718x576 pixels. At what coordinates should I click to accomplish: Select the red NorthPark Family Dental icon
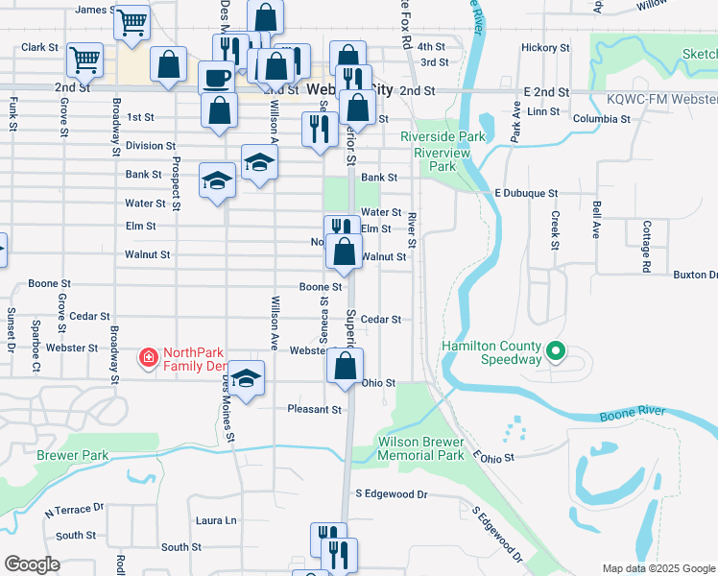[x=148, y=359]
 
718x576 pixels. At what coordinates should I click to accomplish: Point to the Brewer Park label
[x=69, y=455]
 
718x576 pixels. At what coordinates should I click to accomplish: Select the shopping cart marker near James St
[x=132, y=20]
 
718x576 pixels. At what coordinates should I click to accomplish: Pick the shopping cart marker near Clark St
[x=84, y=60]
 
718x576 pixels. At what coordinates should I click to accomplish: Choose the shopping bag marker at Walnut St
[x=344, y=252]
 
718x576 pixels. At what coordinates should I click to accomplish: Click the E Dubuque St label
[x=526, y=193]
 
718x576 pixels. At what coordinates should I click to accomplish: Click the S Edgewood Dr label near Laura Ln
[x=391, y=493]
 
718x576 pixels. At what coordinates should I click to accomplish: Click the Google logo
[x=32, y=564]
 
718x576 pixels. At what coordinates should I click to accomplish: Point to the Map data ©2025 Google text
[x=658, y=568]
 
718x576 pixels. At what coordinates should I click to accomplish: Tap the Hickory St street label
[x=545, y=47]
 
